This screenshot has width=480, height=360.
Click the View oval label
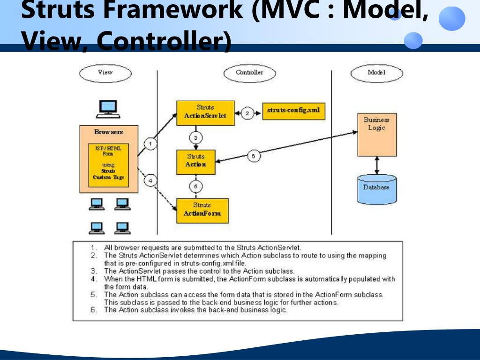105,73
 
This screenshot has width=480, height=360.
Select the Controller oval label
249,73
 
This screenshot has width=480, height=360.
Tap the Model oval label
377,73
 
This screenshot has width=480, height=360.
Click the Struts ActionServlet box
205,112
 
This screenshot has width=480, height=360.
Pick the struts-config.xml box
293,111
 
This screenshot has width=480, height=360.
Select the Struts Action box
196,161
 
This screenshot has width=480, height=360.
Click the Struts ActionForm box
202,210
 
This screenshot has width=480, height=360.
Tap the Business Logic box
376,135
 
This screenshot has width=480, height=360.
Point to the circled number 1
150,144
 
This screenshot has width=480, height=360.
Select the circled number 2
247,113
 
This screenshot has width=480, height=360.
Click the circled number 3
196,138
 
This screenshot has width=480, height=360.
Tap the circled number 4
150,180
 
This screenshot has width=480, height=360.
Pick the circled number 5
196,187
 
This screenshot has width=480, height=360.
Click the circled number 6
253,157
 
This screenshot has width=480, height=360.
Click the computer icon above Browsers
108,108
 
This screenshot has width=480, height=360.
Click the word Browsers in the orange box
108,132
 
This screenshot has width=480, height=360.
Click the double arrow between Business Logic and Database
376,165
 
